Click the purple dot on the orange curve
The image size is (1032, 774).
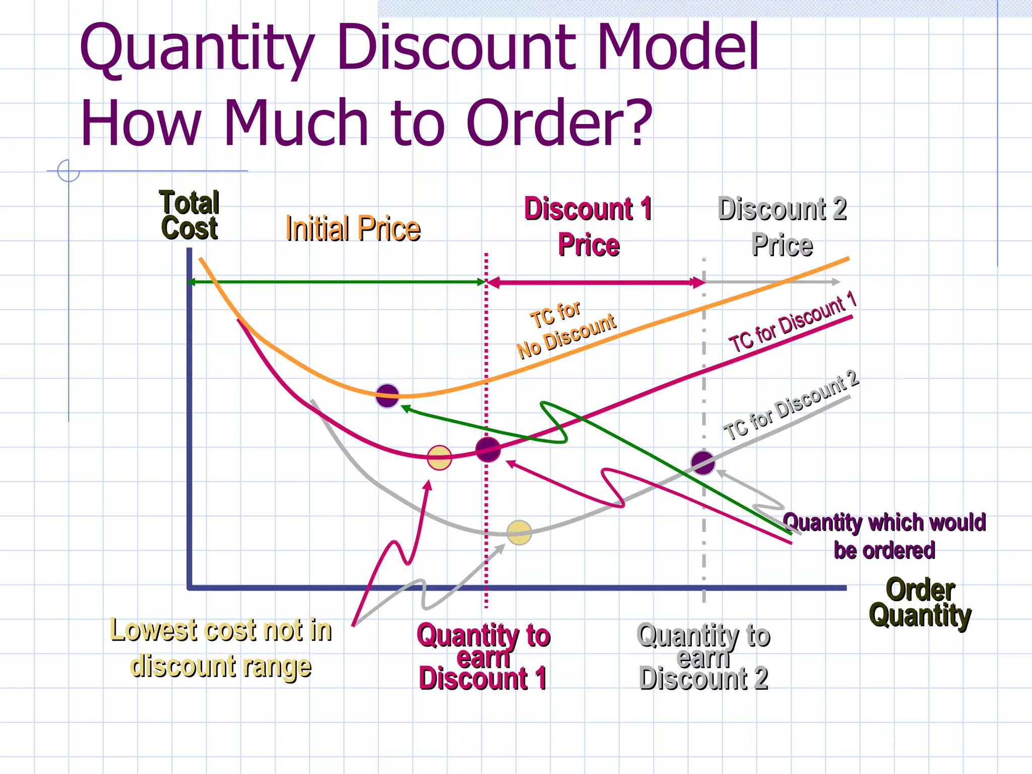point(387,396)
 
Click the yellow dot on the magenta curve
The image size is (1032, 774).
point(439,458)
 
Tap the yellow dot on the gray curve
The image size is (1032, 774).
point(519,533)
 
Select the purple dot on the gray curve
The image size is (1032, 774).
point(703,463)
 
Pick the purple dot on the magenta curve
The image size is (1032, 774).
point(488,449)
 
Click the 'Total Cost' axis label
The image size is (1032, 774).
point(189,215)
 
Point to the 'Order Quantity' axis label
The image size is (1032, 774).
point(920,603)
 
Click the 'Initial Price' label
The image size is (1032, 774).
point(353,229)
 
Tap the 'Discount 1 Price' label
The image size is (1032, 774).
point(588,227)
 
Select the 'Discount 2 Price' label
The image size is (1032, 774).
point(782,227)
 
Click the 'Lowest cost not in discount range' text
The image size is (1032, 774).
point(221,648)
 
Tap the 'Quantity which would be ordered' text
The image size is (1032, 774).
point(884,536)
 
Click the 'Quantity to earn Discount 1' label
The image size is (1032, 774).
point(483,657)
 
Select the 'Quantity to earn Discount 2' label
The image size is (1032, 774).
point(703,657)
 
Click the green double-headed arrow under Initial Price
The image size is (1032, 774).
point(337,282)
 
